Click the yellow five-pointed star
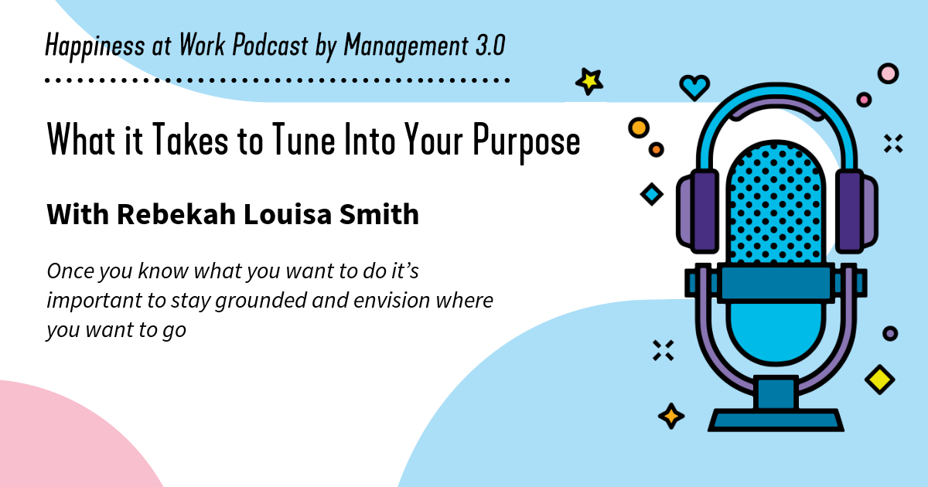589,80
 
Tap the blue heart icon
694,87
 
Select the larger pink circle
888,73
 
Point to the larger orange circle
639,127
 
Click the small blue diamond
652,194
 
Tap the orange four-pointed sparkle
670,416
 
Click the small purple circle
890,333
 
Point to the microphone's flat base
776,421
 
